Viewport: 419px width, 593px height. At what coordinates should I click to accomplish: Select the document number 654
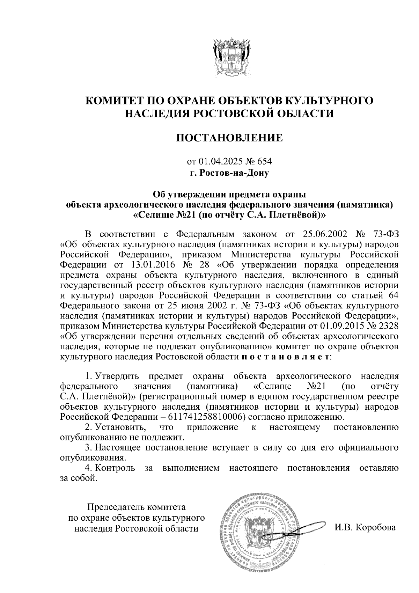point(264,162)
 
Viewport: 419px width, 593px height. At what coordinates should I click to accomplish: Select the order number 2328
point(387,326)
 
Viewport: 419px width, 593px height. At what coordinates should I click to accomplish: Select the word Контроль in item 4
point(115,468)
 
